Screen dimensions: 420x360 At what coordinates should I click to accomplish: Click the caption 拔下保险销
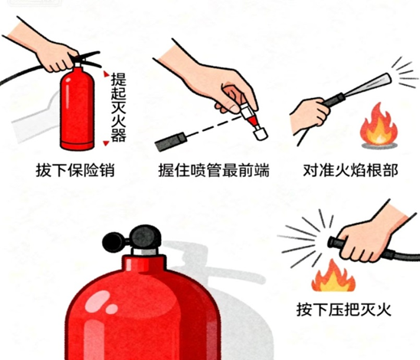75,171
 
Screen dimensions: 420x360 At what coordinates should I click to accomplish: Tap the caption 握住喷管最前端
214,171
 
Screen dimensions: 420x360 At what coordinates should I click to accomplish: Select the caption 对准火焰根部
350,171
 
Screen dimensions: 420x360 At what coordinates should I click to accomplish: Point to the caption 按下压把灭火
343,309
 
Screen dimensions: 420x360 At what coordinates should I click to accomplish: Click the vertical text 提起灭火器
118,107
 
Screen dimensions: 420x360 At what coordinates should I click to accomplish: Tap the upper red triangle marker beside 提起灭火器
107,74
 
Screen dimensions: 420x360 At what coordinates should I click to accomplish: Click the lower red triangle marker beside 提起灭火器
107,143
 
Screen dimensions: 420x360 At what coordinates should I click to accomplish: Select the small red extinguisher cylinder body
77,109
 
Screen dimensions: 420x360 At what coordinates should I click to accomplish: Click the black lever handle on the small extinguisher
87,60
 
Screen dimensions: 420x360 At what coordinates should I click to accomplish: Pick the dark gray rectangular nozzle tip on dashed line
170,142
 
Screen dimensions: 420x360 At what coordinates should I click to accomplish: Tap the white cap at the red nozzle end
261,133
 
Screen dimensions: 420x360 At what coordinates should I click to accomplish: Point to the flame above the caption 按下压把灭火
333,277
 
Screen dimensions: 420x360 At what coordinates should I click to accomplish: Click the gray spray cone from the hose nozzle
368,85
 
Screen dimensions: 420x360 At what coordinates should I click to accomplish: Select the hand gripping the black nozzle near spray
310,115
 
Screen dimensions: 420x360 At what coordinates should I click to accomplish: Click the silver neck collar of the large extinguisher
145,251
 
